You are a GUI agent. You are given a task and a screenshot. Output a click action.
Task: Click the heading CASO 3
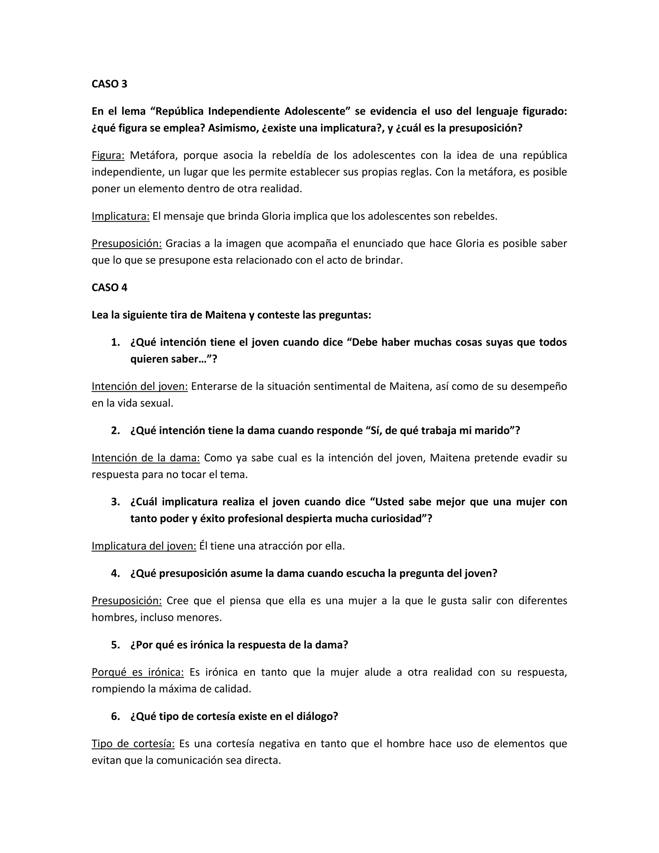[109, 84]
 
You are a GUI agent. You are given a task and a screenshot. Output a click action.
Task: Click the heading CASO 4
[109, 287]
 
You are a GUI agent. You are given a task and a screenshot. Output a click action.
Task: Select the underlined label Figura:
[108, 155]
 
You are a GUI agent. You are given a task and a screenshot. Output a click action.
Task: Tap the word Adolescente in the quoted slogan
[315, 111]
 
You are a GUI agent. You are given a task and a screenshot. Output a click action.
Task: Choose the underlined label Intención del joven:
[140, 386]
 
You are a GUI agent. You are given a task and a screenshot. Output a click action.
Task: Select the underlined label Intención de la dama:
[146, 458]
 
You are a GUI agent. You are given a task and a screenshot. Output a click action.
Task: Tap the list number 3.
[115, 502]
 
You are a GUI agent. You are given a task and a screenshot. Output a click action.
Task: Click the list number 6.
[115, 716]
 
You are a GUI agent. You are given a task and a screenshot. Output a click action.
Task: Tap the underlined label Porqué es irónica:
[137, 672]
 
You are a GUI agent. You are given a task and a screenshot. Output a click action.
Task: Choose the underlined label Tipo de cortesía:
[133, 744]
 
